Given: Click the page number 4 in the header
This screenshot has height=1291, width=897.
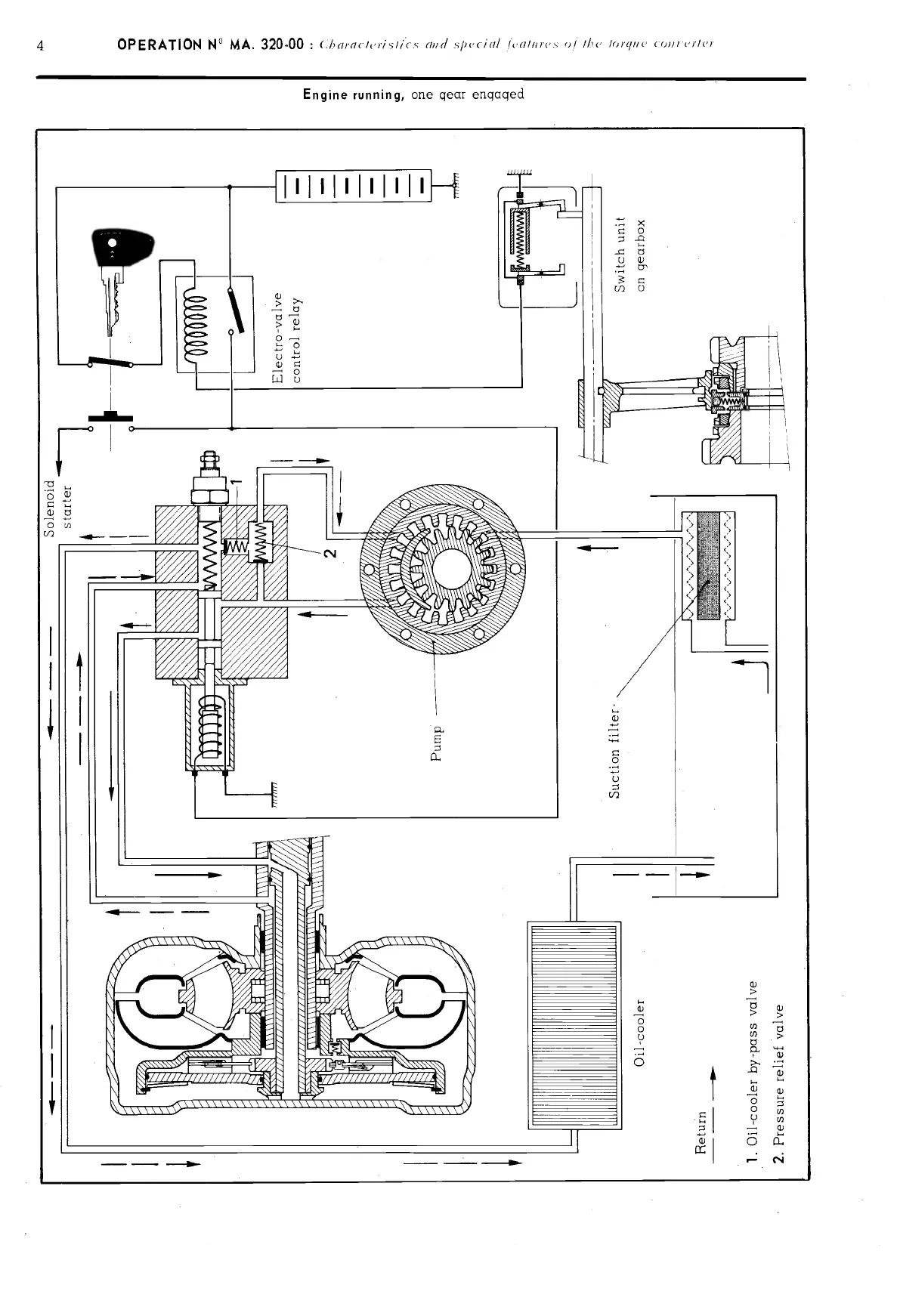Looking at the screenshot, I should click(41, 45).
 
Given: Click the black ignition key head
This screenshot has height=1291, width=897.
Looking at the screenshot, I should click(121, 245).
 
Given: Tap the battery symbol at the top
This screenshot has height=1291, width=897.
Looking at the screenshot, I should click(354, 187).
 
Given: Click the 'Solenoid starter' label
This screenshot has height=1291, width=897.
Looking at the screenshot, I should click(58, 507).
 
